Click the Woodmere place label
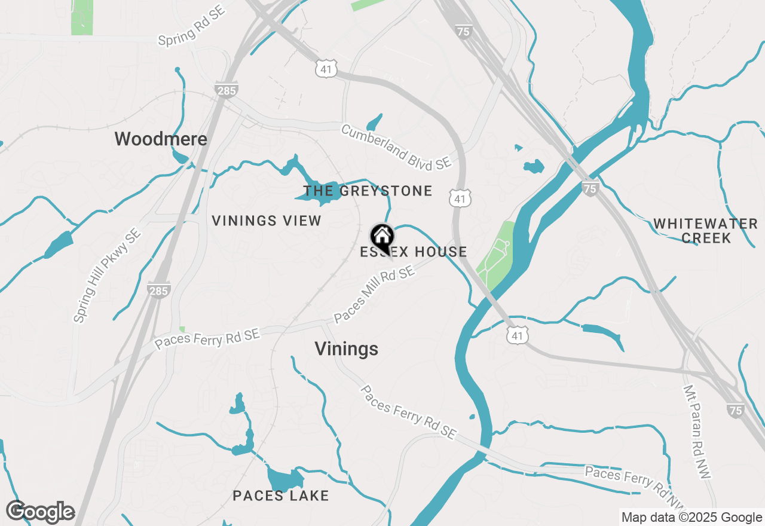click(x=161, y=139)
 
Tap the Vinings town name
click(x=346, y=349)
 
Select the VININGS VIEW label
click(x=267, y=221)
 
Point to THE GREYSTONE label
click(x=368, y=191)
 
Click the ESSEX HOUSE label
click(x=414, y=252)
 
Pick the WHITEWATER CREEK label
click(x=705, y=231)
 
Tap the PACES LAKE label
click(x=281, y=496)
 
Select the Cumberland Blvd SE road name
click(x=395, y=147)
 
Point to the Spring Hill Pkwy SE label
click(x=107, y=276)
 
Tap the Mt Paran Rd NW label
click(x=697, y=430)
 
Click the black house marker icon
click(x=382, y=236)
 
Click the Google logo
click(x=41, y=512)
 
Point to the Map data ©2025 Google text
click(x=691, y=518)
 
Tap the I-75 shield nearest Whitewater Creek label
click(x=590, y=189)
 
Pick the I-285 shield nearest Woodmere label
click(x=227, y=90)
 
